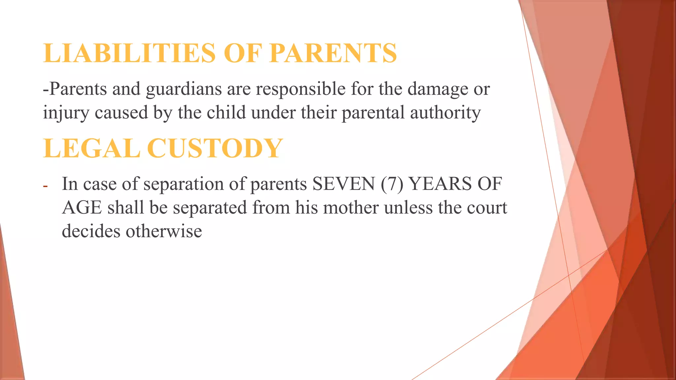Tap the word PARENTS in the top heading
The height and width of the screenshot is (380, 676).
[x=333, y=53]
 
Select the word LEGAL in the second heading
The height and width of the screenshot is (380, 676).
[x=92, y=148]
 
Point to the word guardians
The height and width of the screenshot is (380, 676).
[x=184, y=89]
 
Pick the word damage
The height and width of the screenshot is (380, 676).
[x=438, y=89]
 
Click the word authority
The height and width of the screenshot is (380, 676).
[x=446, y=113]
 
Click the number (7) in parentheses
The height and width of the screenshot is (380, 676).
[x=392, y=184]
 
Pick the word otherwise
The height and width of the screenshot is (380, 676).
[x=164, y=231]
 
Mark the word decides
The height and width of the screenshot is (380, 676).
[x=91, y=231]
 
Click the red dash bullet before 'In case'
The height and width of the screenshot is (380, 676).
[x=45, y=186]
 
